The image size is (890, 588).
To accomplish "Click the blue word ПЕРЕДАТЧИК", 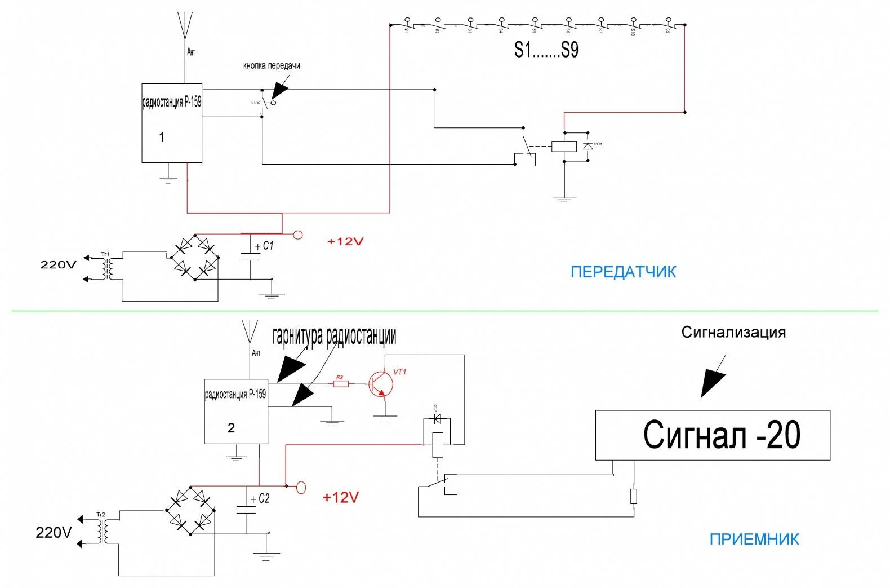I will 623,272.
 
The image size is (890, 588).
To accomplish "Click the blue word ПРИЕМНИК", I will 754,540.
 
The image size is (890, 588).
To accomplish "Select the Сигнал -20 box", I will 713,435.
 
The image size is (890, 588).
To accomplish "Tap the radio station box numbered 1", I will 172,123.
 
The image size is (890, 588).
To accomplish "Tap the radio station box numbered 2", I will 235,412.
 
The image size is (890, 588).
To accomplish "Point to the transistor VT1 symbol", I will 380,384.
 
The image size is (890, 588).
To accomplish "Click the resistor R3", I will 341,384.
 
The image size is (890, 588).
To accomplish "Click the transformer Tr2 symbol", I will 102,531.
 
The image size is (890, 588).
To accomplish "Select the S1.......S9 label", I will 546,50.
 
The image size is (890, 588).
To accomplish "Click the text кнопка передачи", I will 272,66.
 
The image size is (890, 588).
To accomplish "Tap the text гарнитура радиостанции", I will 334,336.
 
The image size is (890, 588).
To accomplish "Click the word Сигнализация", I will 733,333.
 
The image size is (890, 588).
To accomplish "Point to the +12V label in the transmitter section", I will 345,242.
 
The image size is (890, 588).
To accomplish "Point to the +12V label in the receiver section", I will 340,498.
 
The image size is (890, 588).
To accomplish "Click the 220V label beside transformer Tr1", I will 58,264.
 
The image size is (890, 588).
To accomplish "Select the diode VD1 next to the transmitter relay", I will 588,146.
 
